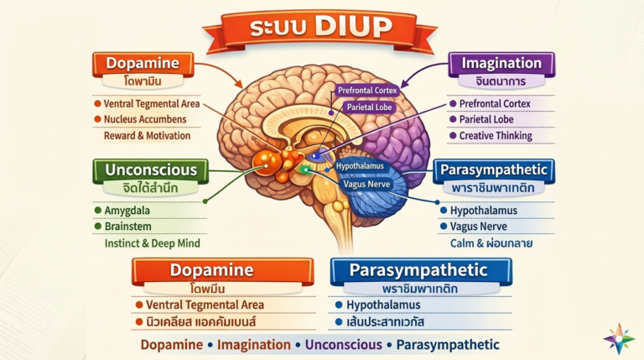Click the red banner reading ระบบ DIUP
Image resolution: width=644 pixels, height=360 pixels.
coord(320,29)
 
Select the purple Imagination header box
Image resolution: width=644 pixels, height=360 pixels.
coord(501,64)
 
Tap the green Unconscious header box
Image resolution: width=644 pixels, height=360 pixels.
coord(151,170)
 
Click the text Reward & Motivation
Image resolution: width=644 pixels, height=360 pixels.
coord(147,136)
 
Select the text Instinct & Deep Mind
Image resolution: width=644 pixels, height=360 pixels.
coord(153,243)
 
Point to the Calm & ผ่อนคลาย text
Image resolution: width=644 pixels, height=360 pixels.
coord(491,243)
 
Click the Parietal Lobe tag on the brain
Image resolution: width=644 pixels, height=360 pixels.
coord(369,107)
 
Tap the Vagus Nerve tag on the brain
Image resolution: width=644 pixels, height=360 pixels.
coord(366,184)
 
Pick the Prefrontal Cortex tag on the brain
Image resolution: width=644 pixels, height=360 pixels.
coord(367,91)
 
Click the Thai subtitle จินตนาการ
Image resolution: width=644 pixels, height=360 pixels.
coord(501,81)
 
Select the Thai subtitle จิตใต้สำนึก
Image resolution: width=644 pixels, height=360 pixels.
coord(150,188)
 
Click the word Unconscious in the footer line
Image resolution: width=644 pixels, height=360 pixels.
coord(343,345)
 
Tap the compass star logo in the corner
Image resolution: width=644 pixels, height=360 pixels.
coord(619,339)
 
